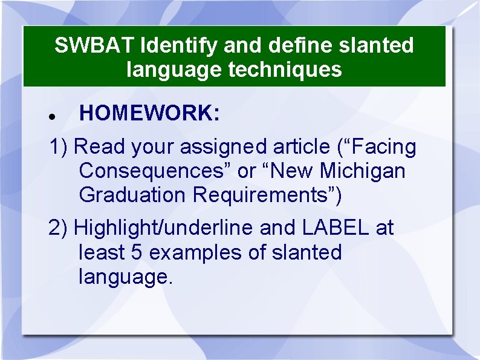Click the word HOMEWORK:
tap(149, 113)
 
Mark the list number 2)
tap(59, 228)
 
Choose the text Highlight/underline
tap(163, 228)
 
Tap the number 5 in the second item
tap(137, 252)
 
